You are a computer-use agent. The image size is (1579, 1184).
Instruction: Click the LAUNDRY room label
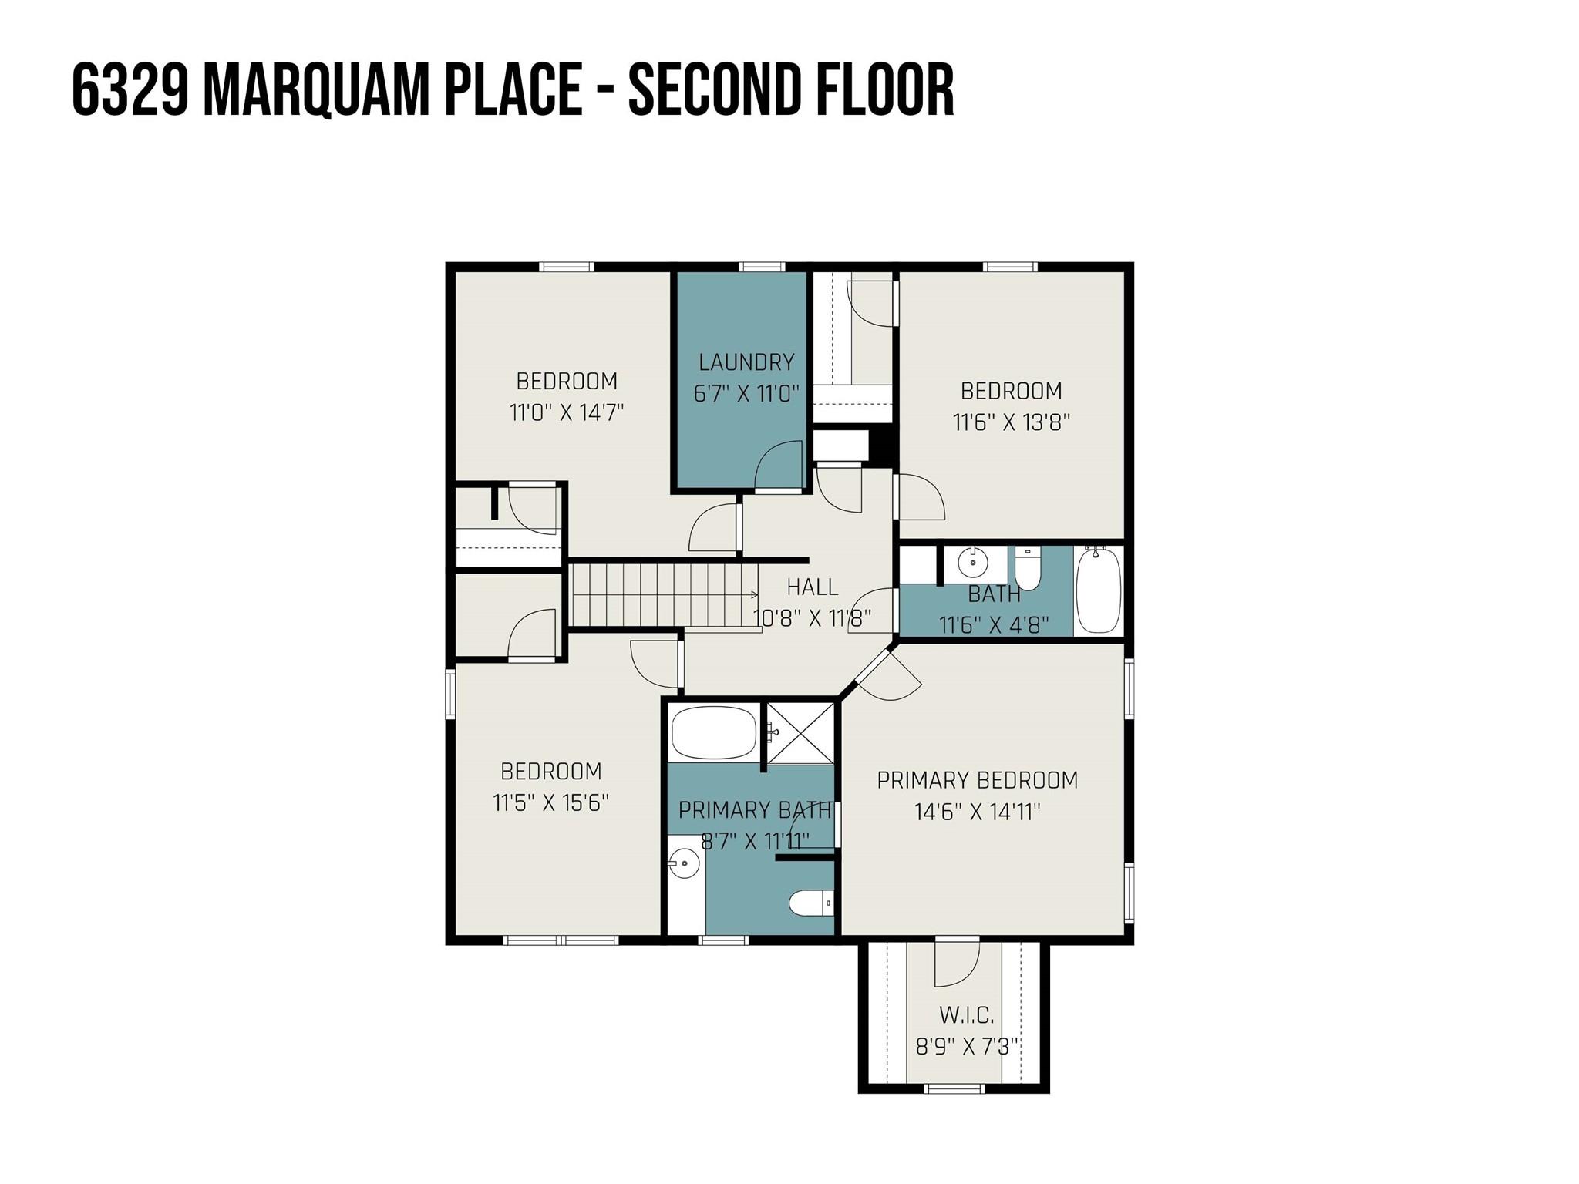tap(746, 362)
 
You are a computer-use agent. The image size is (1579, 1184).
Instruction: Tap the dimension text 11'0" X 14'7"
tap(566, 412)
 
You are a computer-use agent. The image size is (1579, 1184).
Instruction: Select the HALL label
tap(812, 587)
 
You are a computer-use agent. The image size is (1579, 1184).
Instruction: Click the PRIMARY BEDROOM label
tap(977, 780)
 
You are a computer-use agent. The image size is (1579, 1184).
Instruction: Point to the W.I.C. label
tap(966, 1014)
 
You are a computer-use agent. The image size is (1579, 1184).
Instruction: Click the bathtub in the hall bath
tap(1098, 590)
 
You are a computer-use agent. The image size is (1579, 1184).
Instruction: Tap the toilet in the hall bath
tap(1028, 569)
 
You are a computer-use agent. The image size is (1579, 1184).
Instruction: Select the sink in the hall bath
tap(973, 562)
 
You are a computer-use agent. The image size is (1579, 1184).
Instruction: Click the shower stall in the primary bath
tap(800, 732)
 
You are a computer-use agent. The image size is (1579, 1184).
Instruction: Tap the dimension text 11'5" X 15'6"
tap(550, 802)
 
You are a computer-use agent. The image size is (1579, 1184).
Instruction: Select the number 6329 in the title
tap(130, 90)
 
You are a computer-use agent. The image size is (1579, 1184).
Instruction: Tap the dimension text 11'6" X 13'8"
tap(1011, 422)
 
